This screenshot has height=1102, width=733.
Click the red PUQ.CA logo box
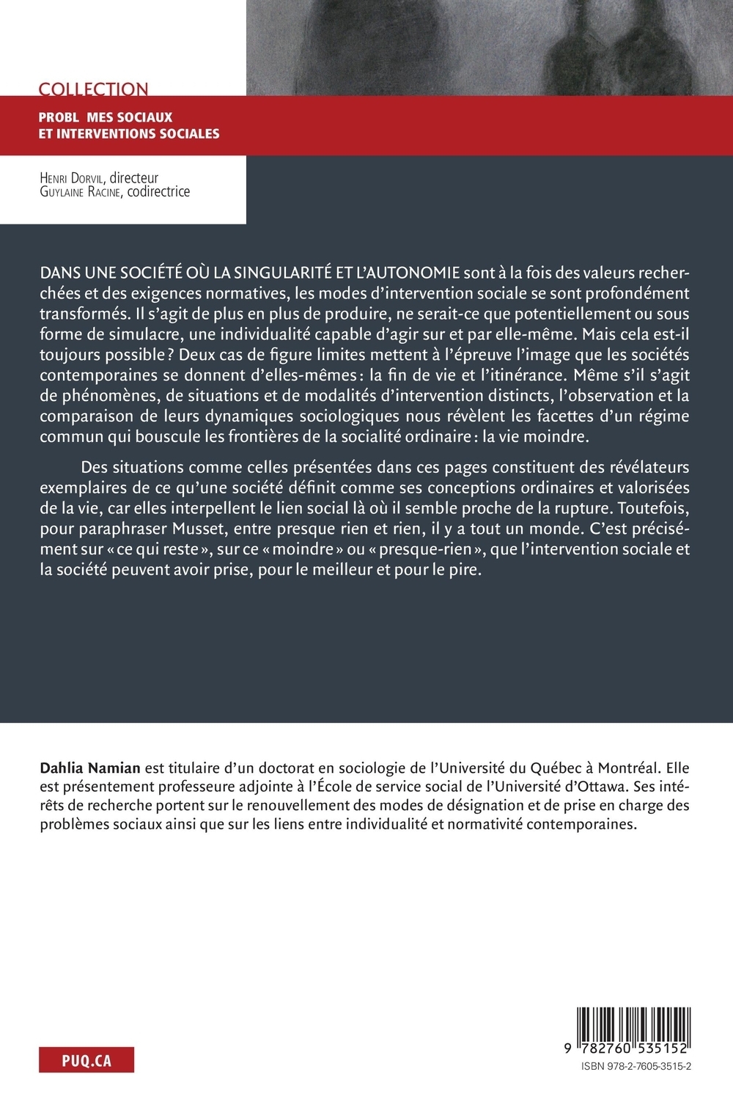[x=86, y=1060]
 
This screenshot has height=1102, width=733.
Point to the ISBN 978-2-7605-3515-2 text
[x=635, y=1068]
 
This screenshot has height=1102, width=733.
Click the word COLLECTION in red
[x=93, y=89]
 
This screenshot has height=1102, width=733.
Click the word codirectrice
[x=158, y=192]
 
